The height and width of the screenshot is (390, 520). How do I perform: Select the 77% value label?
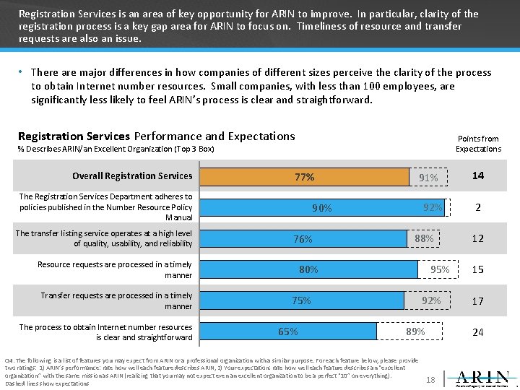coord(304,177)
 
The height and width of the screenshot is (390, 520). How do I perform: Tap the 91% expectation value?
coord(428,178)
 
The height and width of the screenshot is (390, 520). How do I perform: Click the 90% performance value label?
coord(322,208)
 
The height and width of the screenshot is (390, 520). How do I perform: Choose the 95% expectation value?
coord(440,270)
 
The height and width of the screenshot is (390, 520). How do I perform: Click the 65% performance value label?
coord(288,331)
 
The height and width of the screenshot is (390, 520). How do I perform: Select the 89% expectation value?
coord(415,331)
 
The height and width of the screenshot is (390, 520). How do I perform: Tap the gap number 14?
coord(478,175)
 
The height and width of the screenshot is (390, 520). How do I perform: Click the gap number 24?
coord(478,332)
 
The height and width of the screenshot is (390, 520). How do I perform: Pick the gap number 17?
coord(478,301)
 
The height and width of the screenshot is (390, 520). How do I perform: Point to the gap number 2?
coord(478,207)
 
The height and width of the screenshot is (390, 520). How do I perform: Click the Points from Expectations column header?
coord(478,144)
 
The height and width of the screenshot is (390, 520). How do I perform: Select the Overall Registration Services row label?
coord(132,175)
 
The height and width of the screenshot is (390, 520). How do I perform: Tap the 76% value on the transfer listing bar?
coord(303,239)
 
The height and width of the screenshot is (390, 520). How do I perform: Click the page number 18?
coord(430,379)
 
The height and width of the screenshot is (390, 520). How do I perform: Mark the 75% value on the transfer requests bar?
coord(302,301)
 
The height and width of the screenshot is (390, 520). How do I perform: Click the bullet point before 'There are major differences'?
coord(22,73)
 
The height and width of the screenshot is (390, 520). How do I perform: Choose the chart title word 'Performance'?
coord(168,136)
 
